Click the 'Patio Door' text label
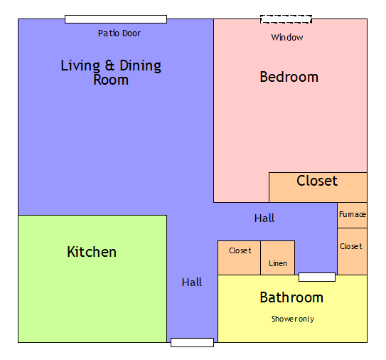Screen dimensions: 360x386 [x=119, y=33]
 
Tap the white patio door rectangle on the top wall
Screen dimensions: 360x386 [x=116, y=19]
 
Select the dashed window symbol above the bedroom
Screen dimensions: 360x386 [x=286, y=19]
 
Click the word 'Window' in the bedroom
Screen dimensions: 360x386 [x=287, y=37]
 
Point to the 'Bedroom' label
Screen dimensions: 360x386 [x=289, y=77]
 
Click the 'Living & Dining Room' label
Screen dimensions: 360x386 [x=111, y=73]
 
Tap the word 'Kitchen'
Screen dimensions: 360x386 [x=92, y=252]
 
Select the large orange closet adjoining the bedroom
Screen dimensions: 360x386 [x=318, y=187]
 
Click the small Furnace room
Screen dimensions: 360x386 [x=352, y=215]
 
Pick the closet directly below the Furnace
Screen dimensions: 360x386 [x=352, y=251]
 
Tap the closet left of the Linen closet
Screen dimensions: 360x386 [x=240, y=258]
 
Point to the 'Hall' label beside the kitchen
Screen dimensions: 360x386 [x=192, y=282]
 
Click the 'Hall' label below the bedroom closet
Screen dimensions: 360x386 [x=264, y=218]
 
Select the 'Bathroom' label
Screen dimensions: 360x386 [x=291, y=297]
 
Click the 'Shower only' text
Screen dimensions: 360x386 [x=292, y=319]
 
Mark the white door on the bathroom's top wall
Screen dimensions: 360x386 [x=317, y=277]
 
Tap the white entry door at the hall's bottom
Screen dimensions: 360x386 [x=192, y=342]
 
